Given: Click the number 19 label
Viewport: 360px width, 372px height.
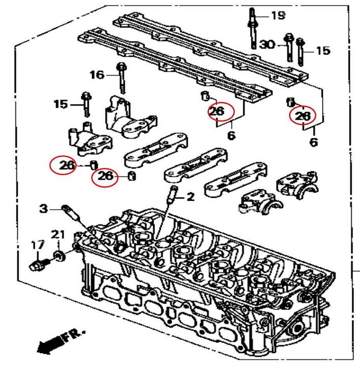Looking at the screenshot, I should [x=278, y=16].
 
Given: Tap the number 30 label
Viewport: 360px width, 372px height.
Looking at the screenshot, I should [x=267, y=45].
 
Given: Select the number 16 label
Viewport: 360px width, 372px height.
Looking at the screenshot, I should [x=97, y=74].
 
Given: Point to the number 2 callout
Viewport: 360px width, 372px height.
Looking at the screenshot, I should [x=190, y=197].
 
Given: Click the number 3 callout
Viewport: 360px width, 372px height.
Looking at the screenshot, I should [x=44, y=209].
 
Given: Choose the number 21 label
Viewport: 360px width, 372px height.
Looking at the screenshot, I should [x=58, y=234].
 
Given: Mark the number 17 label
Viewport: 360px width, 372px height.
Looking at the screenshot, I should [x=38, y=245].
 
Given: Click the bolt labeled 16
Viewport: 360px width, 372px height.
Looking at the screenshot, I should [x=121, y=77].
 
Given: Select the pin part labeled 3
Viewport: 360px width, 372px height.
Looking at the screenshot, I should [x=70, y=212].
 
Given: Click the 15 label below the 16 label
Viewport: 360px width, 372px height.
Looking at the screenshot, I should [x=61, y=104].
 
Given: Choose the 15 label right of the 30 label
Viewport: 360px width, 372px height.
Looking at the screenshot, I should [x=323, y=50].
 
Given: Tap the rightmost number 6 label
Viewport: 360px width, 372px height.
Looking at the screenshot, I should [x=313, y=142].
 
